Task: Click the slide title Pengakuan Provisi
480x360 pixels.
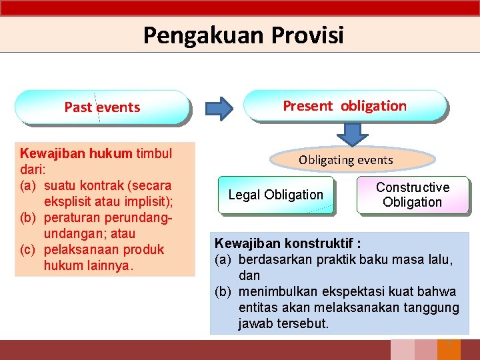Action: (x=243, y=35)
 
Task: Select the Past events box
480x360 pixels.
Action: (x=102, y=107)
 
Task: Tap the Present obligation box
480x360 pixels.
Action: (x=345, y=105)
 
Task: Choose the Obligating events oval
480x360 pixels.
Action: (x=345, y=160)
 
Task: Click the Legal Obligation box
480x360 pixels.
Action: (x=275, y=195)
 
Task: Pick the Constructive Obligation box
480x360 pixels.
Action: (x=413, y=195)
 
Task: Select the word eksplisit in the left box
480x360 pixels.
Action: (x=67, y=201)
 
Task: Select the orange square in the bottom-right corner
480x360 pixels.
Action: (x=449, y=349)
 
